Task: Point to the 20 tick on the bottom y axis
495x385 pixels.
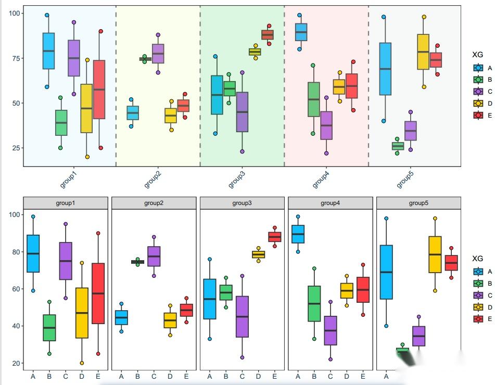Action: [16, 363]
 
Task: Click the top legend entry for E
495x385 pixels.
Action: [478, 116]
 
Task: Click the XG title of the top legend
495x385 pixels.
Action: [477, 55]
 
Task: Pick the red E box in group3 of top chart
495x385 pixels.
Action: [268, 35]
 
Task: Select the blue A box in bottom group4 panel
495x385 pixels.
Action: [298, 234]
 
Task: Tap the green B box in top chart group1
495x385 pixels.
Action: [61, 123]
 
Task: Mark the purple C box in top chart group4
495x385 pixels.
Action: [326, 125]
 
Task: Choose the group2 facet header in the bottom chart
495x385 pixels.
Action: [154, 203]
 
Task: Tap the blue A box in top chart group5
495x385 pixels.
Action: [385, 69]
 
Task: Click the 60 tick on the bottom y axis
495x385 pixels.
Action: [16, 289]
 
